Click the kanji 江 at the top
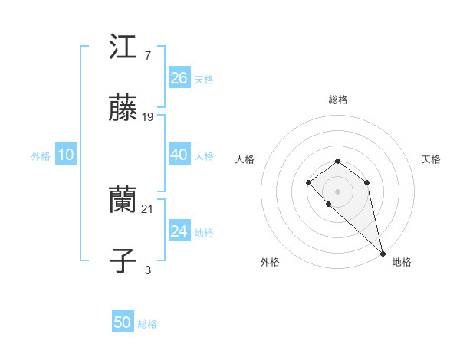123,48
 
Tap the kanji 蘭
123,201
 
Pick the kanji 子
123,261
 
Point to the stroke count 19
149,117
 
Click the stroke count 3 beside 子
147,270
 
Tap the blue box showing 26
179,78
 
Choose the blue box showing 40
179,155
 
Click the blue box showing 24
179,231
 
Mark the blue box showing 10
66,155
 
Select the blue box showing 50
123,322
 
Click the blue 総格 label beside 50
147,324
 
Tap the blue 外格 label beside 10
41,156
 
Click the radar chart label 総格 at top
338,100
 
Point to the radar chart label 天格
431,159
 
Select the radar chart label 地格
402,262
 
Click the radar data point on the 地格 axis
383,253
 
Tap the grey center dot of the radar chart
338,191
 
